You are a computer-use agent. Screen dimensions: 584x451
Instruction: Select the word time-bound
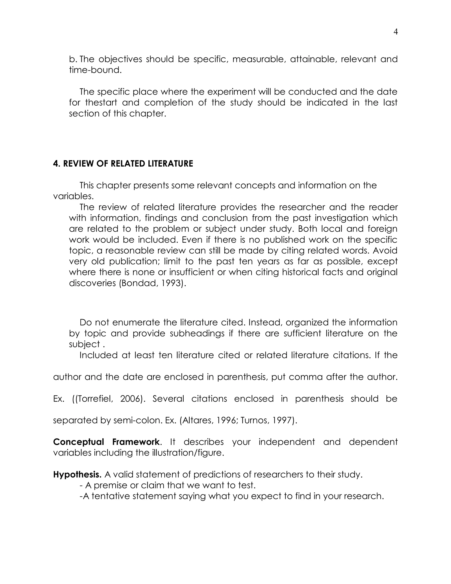[x=95, y=70]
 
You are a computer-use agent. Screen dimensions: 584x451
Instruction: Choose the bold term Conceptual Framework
[x=106, y=442]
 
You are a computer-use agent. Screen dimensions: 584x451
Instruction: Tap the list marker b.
[x=72, y=59]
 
